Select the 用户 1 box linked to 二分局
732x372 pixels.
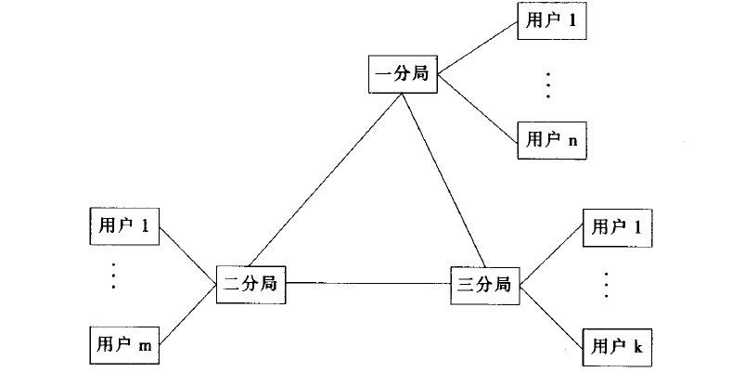click(x=123, y=224)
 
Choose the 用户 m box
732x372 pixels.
click(x=123, y=344)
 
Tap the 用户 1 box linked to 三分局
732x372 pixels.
click(x=617, y=225)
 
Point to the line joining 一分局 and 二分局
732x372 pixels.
click(x=325, y=181)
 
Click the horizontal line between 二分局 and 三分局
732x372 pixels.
click(x=367, y=283)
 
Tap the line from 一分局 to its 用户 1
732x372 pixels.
click(x=478, y=47)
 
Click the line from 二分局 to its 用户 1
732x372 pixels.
click(x=188, y=253)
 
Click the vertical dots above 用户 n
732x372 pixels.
click(x=549, y=83)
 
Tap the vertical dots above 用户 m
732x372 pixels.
click(x=113, y=277)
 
